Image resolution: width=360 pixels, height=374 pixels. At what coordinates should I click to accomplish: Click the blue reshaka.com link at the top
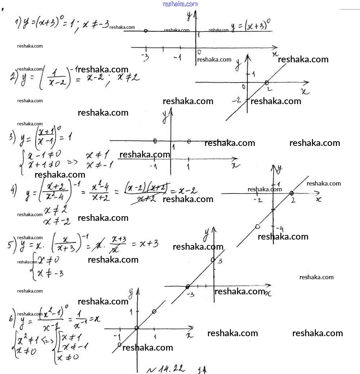pos(180,4)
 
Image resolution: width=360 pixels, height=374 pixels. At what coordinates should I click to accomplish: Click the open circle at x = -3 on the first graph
pos(145,31)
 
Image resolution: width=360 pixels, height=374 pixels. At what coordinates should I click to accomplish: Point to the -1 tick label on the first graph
pos(177,57)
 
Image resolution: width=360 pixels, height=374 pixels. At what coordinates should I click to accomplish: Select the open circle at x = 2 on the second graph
pos(267,83)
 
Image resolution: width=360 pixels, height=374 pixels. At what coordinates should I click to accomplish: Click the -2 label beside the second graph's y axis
pos(236,99)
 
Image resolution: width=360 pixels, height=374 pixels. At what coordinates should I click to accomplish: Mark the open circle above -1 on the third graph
pos(155,141)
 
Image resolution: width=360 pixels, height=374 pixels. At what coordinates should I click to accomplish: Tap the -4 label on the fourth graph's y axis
pos(280,229)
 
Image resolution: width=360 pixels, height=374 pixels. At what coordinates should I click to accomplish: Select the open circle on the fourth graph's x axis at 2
pos(292,193)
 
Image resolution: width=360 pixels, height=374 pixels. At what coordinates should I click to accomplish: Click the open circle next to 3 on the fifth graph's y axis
pos(213,259)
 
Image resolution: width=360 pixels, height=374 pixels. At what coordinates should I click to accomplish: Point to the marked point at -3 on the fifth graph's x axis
pos(188,286)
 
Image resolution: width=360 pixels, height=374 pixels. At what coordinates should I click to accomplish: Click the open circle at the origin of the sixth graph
pos(136,328)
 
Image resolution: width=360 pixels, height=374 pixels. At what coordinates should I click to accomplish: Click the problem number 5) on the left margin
pos(11,245)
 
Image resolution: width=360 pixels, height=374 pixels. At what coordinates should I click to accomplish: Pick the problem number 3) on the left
pos(12,137)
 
